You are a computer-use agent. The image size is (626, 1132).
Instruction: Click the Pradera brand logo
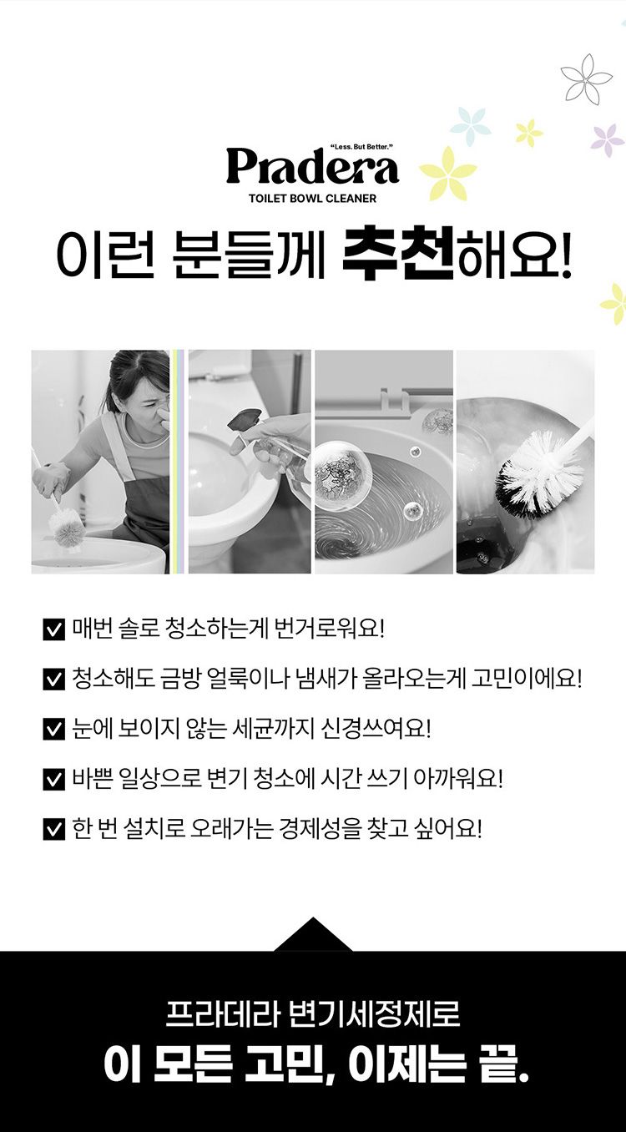[312, 166]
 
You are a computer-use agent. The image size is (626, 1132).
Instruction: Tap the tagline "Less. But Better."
[361, 147]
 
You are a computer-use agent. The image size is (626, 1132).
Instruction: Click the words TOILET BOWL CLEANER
[313, 199]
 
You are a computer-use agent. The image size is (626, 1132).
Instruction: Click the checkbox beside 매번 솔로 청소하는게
[53, 629]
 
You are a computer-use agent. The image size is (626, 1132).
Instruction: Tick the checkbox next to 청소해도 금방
[53, 680]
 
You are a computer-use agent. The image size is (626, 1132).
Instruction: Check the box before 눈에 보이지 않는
[53, 730]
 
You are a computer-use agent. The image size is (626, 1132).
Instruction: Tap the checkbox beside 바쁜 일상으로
[53, 779]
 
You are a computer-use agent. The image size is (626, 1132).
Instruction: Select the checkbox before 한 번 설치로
[53, 829]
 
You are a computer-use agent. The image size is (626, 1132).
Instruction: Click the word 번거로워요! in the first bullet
[328, 629]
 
